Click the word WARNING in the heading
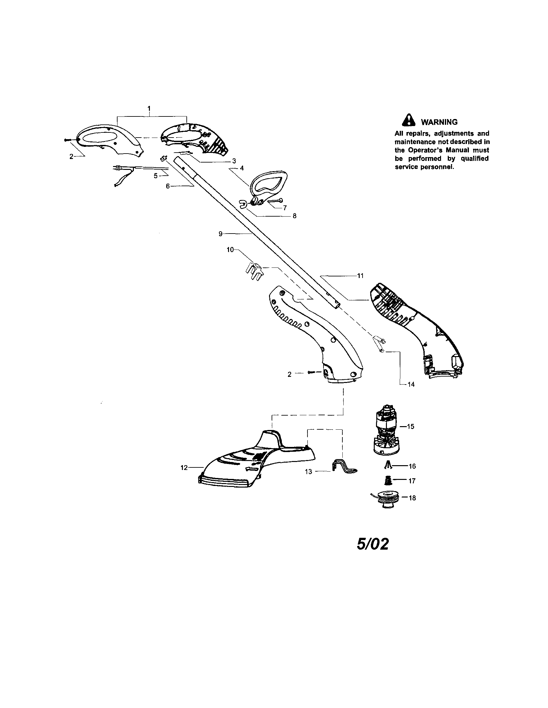click(439, 122)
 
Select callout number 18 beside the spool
click(412, 498)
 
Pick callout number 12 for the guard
click(184, 467)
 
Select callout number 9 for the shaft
click(220, 234)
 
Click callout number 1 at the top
click(149, 108)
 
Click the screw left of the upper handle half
click(68, 140)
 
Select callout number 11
click(360, 276)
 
